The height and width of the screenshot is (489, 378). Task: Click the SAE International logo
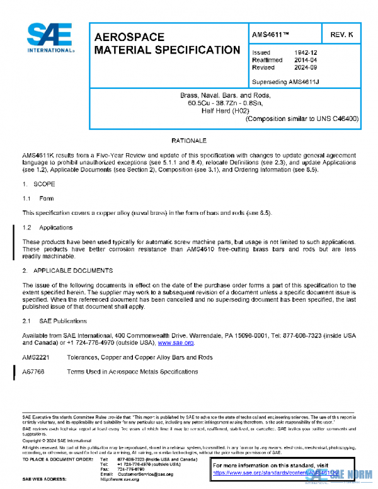[x=48, y=38]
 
